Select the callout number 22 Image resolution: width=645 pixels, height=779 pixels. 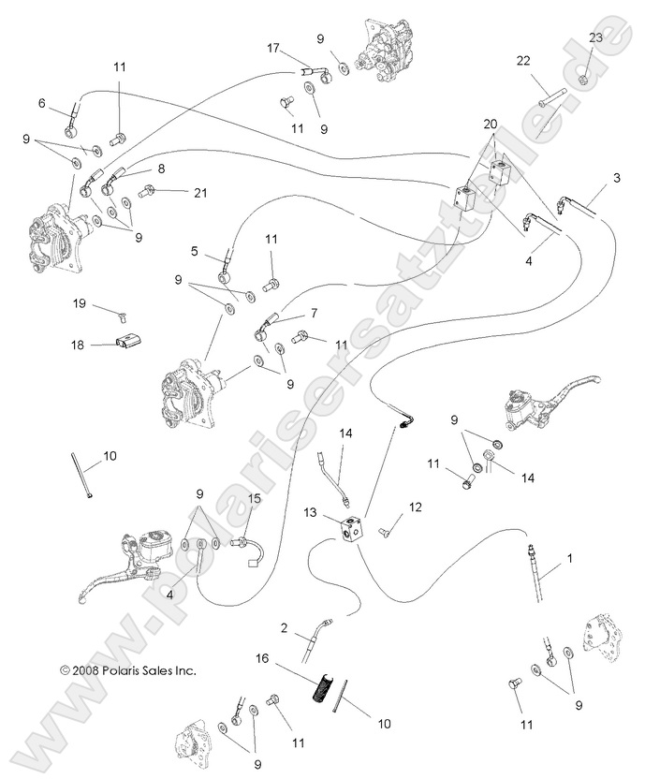(522, 61)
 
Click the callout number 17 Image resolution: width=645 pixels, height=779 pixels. (272, 48)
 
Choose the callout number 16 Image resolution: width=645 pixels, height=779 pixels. (263, 660)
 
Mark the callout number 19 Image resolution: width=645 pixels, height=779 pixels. (81, 303)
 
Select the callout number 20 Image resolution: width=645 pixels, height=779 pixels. (491, 125)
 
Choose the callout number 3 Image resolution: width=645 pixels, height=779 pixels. (616, 177)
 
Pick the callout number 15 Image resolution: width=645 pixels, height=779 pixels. (254, 500)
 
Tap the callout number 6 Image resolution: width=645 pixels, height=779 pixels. (41, 102)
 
